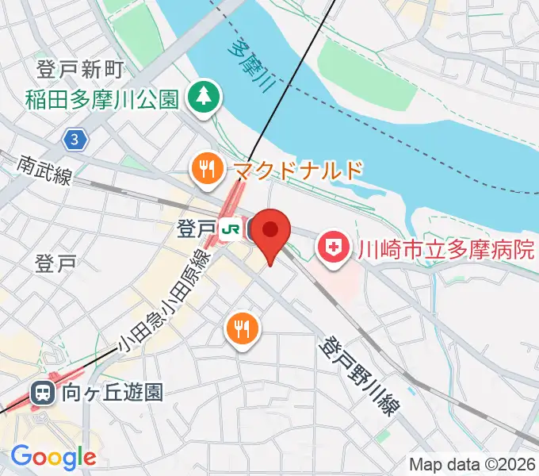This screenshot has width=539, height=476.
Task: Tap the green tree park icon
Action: click(x=205, y=98)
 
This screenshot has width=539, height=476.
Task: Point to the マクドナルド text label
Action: click(x=298, y=169)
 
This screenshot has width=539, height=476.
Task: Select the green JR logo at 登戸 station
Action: click(x=231, y=229)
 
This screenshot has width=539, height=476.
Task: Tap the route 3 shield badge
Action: click(x=74, y=140)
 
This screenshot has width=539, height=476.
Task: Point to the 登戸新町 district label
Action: click(x=79, y=71)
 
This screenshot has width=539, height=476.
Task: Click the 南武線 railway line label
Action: click(x=44, y=169)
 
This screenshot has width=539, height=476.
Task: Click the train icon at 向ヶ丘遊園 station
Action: click(x=42, y=391)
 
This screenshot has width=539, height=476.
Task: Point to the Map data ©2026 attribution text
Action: click(x=472, y=463)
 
